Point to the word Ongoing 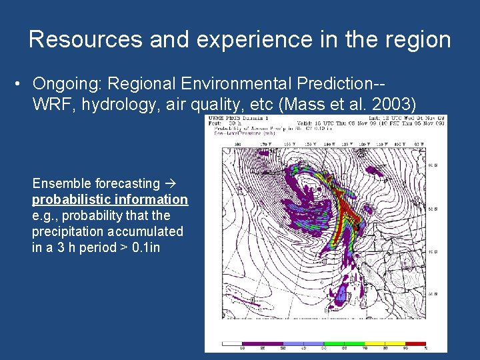click(x=67, y=85)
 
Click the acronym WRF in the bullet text click(x=49, y=105)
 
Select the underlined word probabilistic click(x=70, y=199)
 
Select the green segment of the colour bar click(x=345, y=344)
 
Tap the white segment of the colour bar click(x=231, y=344)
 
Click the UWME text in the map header click(x=216, y=119)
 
